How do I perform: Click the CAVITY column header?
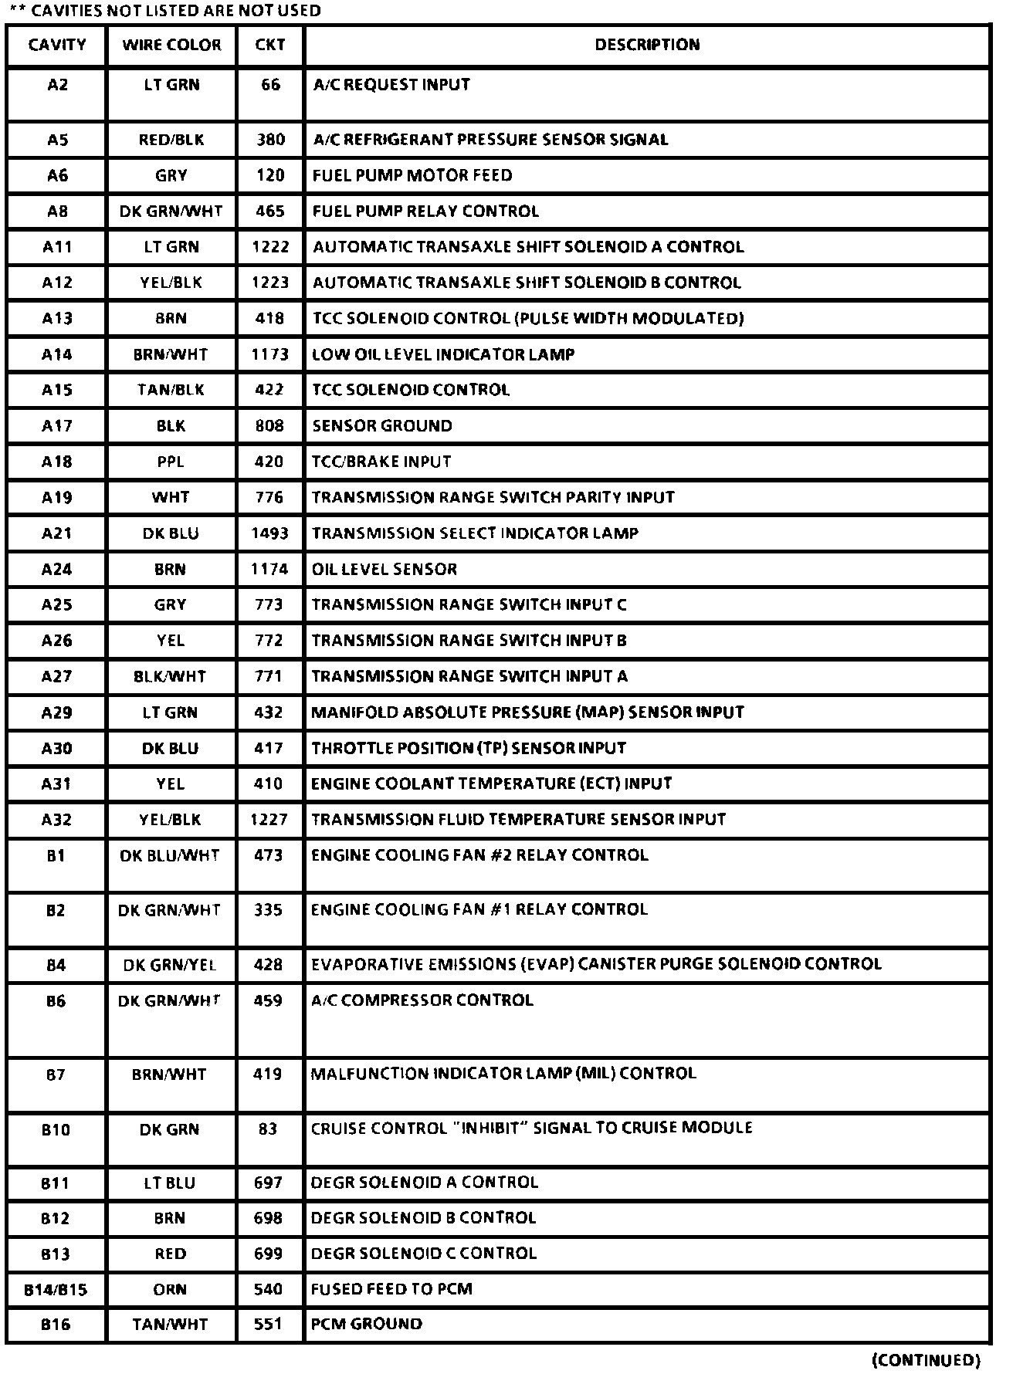57,45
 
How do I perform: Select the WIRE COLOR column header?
171,45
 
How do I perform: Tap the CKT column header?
270,45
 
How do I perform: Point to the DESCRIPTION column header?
647,45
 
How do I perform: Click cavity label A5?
57,140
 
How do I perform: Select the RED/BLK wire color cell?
171,140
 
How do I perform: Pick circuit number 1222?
270,247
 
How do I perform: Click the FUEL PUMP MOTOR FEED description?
412,175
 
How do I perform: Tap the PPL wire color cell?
171,462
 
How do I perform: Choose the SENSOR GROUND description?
382,426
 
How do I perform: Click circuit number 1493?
269,533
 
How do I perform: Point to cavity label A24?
57,569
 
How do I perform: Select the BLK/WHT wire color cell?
170,677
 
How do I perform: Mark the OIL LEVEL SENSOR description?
385,569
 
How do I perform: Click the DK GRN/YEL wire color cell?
170,965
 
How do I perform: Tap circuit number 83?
268,1129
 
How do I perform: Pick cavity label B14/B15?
56,1289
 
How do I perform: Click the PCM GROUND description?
367,1324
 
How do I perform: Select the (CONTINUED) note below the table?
926,1359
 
